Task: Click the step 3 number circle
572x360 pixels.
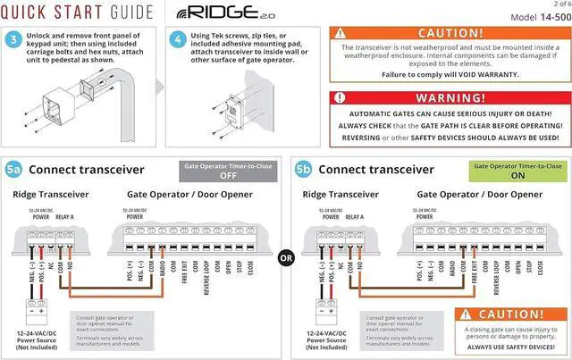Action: (14, 41)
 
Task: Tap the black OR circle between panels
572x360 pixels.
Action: (286, 258)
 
